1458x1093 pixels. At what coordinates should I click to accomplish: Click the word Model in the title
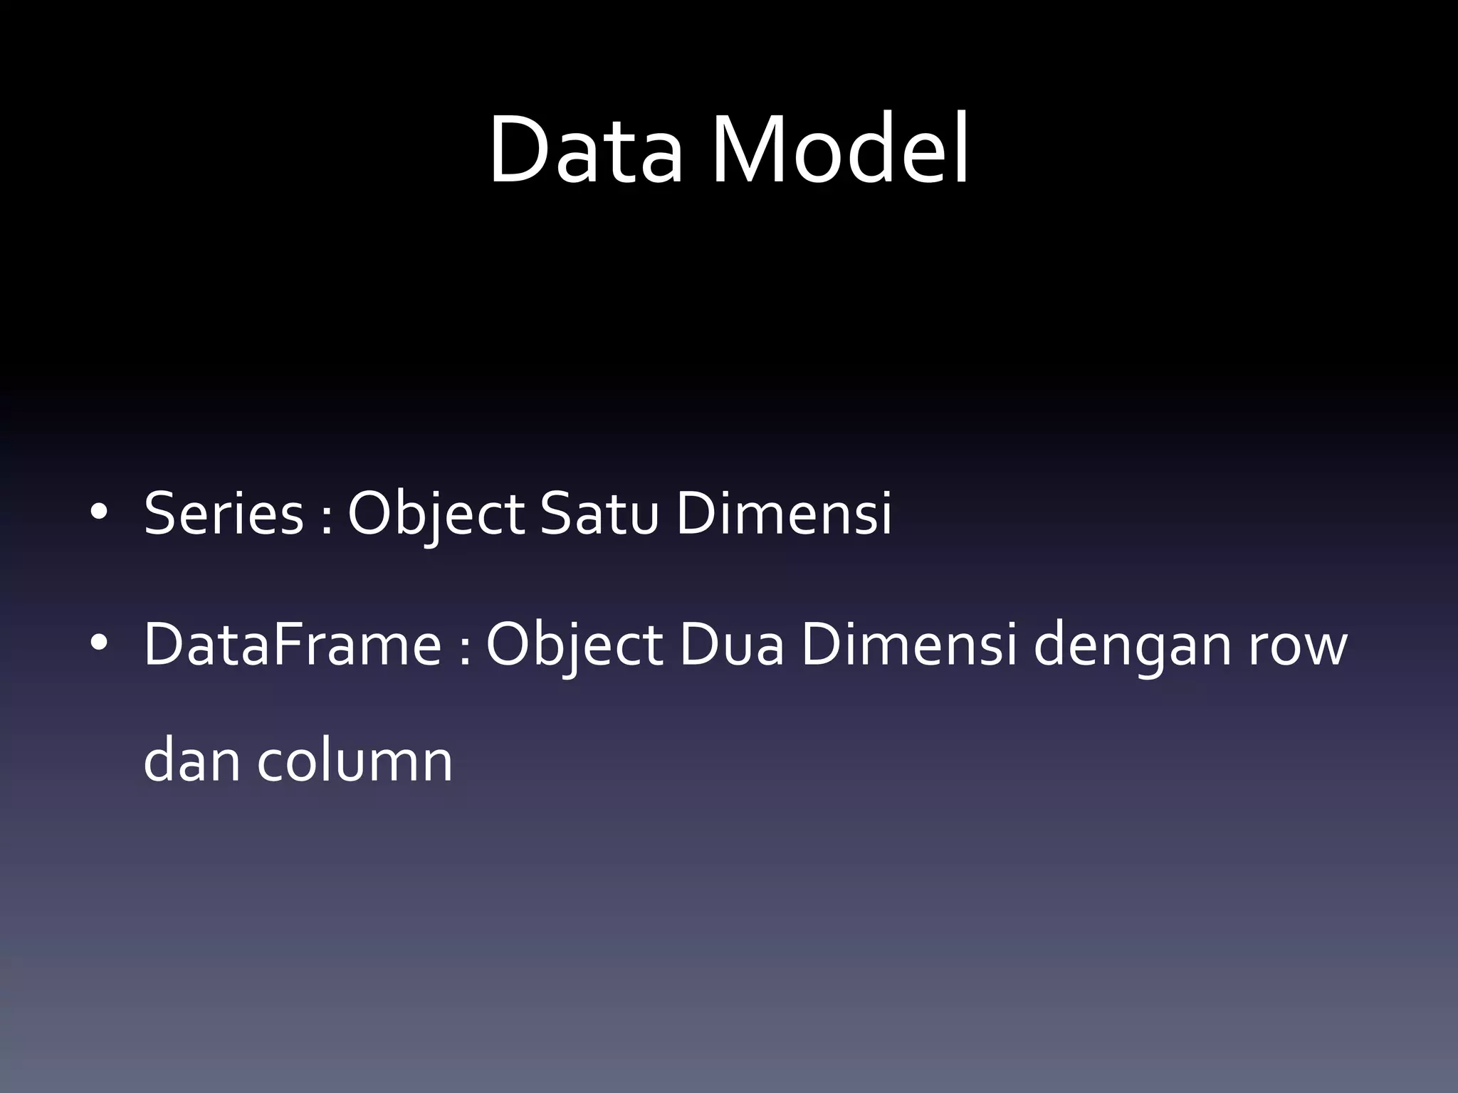pos(840,151)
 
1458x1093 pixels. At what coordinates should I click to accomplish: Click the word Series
pos(224,514)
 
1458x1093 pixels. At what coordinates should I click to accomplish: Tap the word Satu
pos(599,514)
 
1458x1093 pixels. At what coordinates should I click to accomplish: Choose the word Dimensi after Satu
pos(783,514)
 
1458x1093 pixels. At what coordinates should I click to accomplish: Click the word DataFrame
pos(292,645)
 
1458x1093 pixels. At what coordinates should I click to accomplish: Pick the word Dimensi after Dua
pos(908,645)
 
